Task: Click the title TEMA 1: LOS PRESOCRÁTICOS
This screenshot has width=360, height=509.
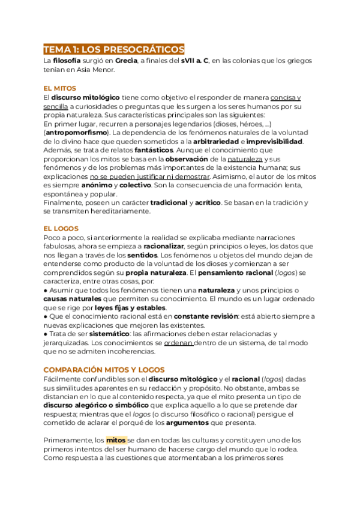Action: pyautogui.click(x=114, y=49)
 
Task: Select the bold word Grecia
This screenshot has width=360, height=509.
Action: pyautogui.click(x=126, y=61)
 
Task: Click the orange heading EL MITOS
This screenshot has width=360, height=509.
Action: pyautogui.click(x=60, y=88)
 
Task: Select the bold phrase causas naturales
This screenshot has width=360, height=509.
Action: pyautogui.click(x=72, y=300)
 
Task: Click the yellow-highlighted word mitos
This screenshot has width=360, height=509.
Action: pyautogui.click(x=116, y=440)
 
